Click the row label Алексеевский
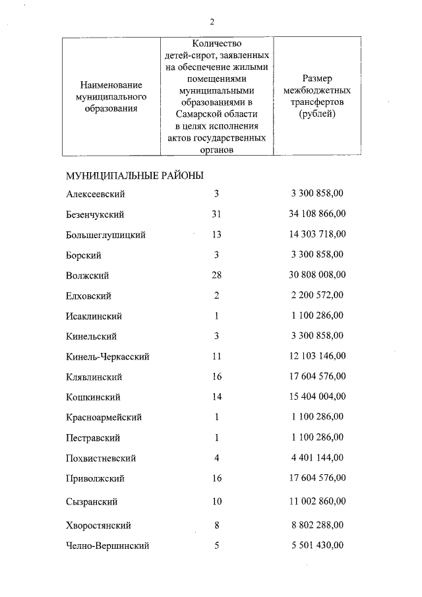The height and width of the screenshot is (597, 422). coord(96,194)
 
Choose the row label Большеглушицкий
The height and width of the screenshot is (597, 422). coord(105,235)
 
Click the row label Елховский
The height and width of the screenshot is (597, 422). coord(88,296)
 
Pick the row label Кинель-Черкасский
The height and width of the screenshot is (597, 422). coord(107,357)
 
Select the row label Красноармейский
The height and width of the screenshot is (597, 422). coord(104,418)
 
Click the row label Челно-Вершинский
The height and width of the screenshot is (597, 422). coord(107,546)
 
